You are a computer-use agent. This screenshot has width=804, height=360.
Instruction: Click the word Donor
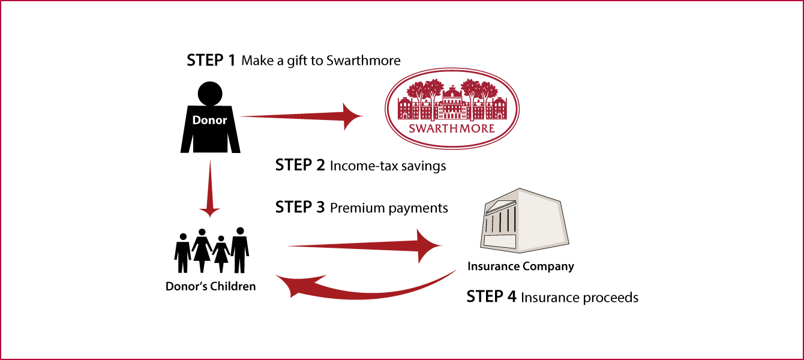[x=209, y=120]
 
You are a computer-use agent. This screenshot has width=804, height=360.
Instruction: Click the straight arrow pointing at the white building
[x=360, y=245]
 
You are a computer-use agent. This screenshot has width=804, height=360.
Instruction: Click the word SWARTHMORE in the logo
[x=452, y=128]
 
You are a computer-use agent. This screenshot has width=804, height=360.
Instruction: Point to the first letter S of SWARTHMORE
[x=412, y=128]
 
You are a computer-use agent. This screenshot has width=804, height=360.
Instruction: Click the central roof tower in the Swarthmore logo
[x=452, y=93]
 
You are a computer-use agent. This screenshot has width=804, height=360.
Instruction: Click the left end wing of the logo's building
[x=406, y=109]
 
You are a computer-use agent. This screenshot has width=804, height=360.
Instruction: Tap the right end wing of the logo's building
[x=499, y=109]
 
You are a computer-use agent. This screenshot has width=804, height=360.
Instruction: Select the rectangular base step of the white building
[x=499, y=241]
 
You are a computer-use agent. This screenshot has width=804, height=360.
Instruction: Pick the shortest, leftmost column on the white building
[x=488, y=224]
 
